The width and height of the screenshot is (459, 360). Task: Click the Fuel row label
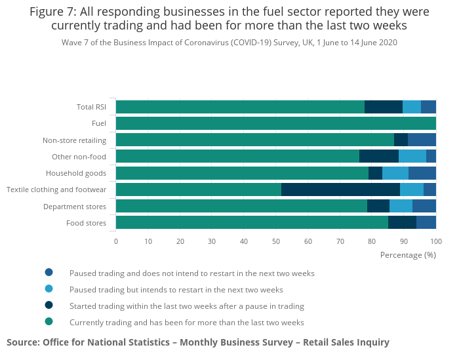(x=99, y=123)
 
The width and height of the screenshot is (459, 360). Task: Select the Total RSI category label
(x=91, y=107)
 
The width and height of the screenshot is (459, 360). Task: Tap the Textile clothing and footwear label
(x=56, y=190)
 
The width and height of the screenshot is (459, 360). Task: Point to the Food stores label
(x=86, y=223)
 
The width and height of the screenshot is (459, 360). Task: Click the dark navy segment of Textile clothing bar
(x=340, y=190)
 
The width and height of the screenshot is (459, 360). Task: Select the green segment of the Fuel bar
(x=275, y=123)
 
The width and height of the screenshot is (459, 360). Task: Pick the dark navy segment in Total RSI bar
(x=383, y=107)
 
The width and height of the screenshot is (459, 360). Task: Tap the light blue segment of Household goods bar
(x=395, y=173)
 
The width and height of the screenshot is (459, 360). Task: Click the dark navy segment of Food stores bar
(x=402, y=223)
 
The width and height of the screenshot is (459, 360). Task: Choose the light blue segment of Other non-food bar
(x=412, y=156)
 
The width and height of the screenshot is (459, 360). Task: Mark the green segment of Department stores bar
(x=241, y=206)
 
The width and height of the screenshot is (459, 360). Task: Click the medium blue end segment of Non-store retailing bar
(x=422, y=140)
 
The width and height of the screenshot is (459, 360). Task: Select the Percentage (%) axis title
(x=408, y=254)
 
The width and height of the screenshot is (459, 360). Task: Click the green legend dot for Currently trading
(x=49, y=321)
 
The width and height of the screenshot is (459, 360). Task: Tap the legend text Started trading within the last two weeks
(x=186, y=306)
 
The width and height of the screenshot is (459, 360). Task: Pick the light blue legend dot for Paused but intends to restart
(x=49, y=289)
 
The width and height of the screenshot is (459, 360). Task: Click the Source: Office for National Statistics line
(x=198, y=342)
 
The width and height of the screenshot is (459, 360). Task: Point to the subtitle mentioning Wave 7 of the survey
(x=229, y=42)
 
